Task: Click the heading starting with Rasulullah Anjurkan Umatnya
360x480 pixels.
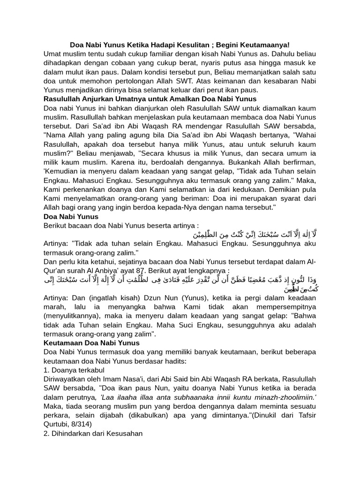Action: (x=150, y=99)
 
